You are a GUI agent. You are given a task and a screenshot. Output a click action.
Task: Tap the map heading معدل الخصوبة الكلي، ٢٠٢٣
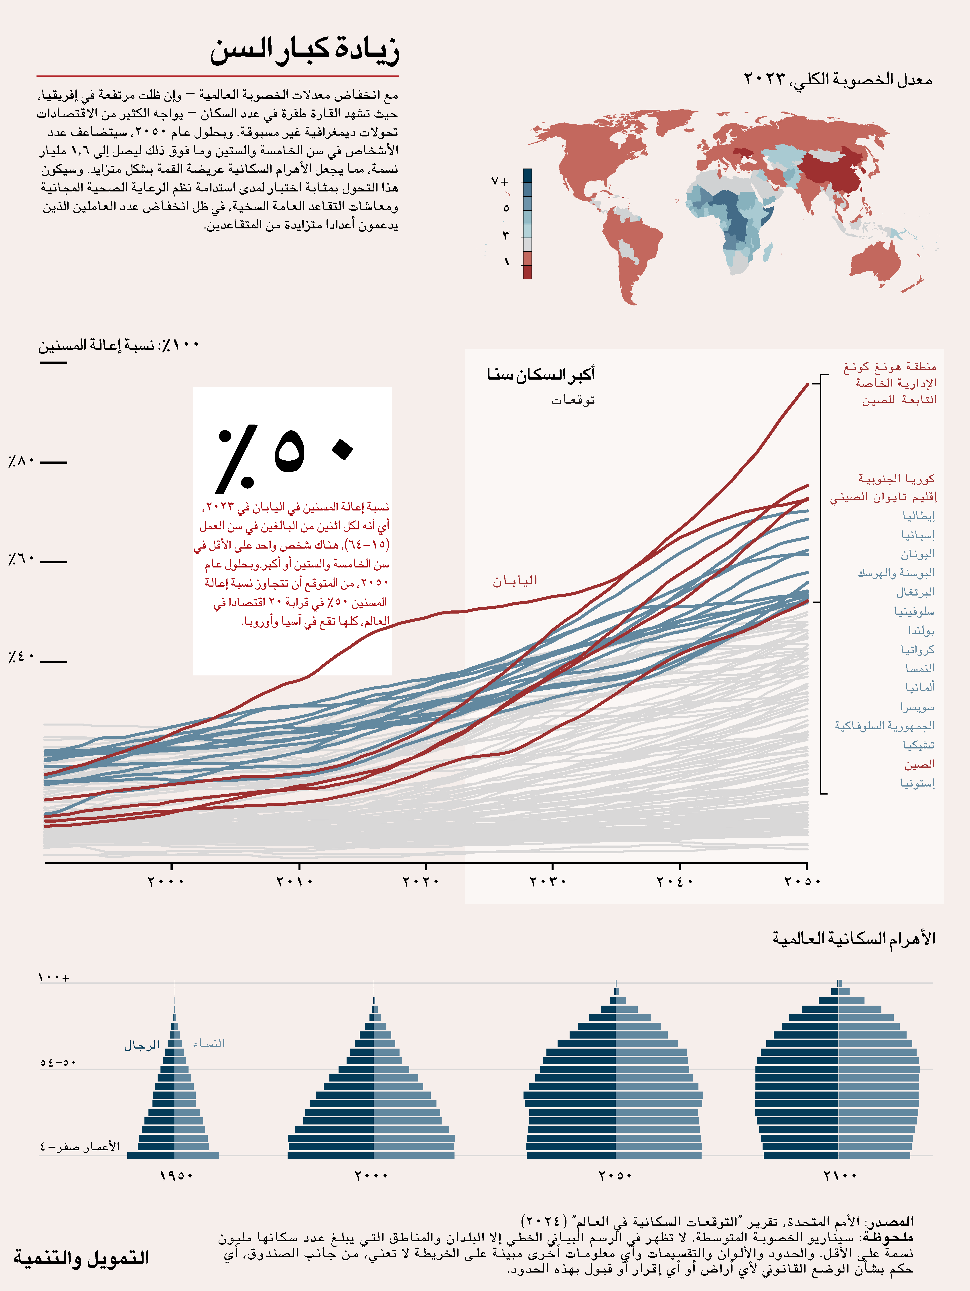(x=838, y=79)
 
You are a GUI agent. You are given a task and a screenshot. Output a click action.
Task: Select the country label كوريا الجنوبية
(x=897, y=479)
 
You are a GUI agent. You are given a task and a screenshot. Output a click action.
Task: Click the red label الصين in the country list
(x=919, y=764)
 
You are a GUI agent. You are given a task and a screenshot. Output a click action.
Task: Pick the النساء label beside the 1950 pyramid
(x=209, y=1043)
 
